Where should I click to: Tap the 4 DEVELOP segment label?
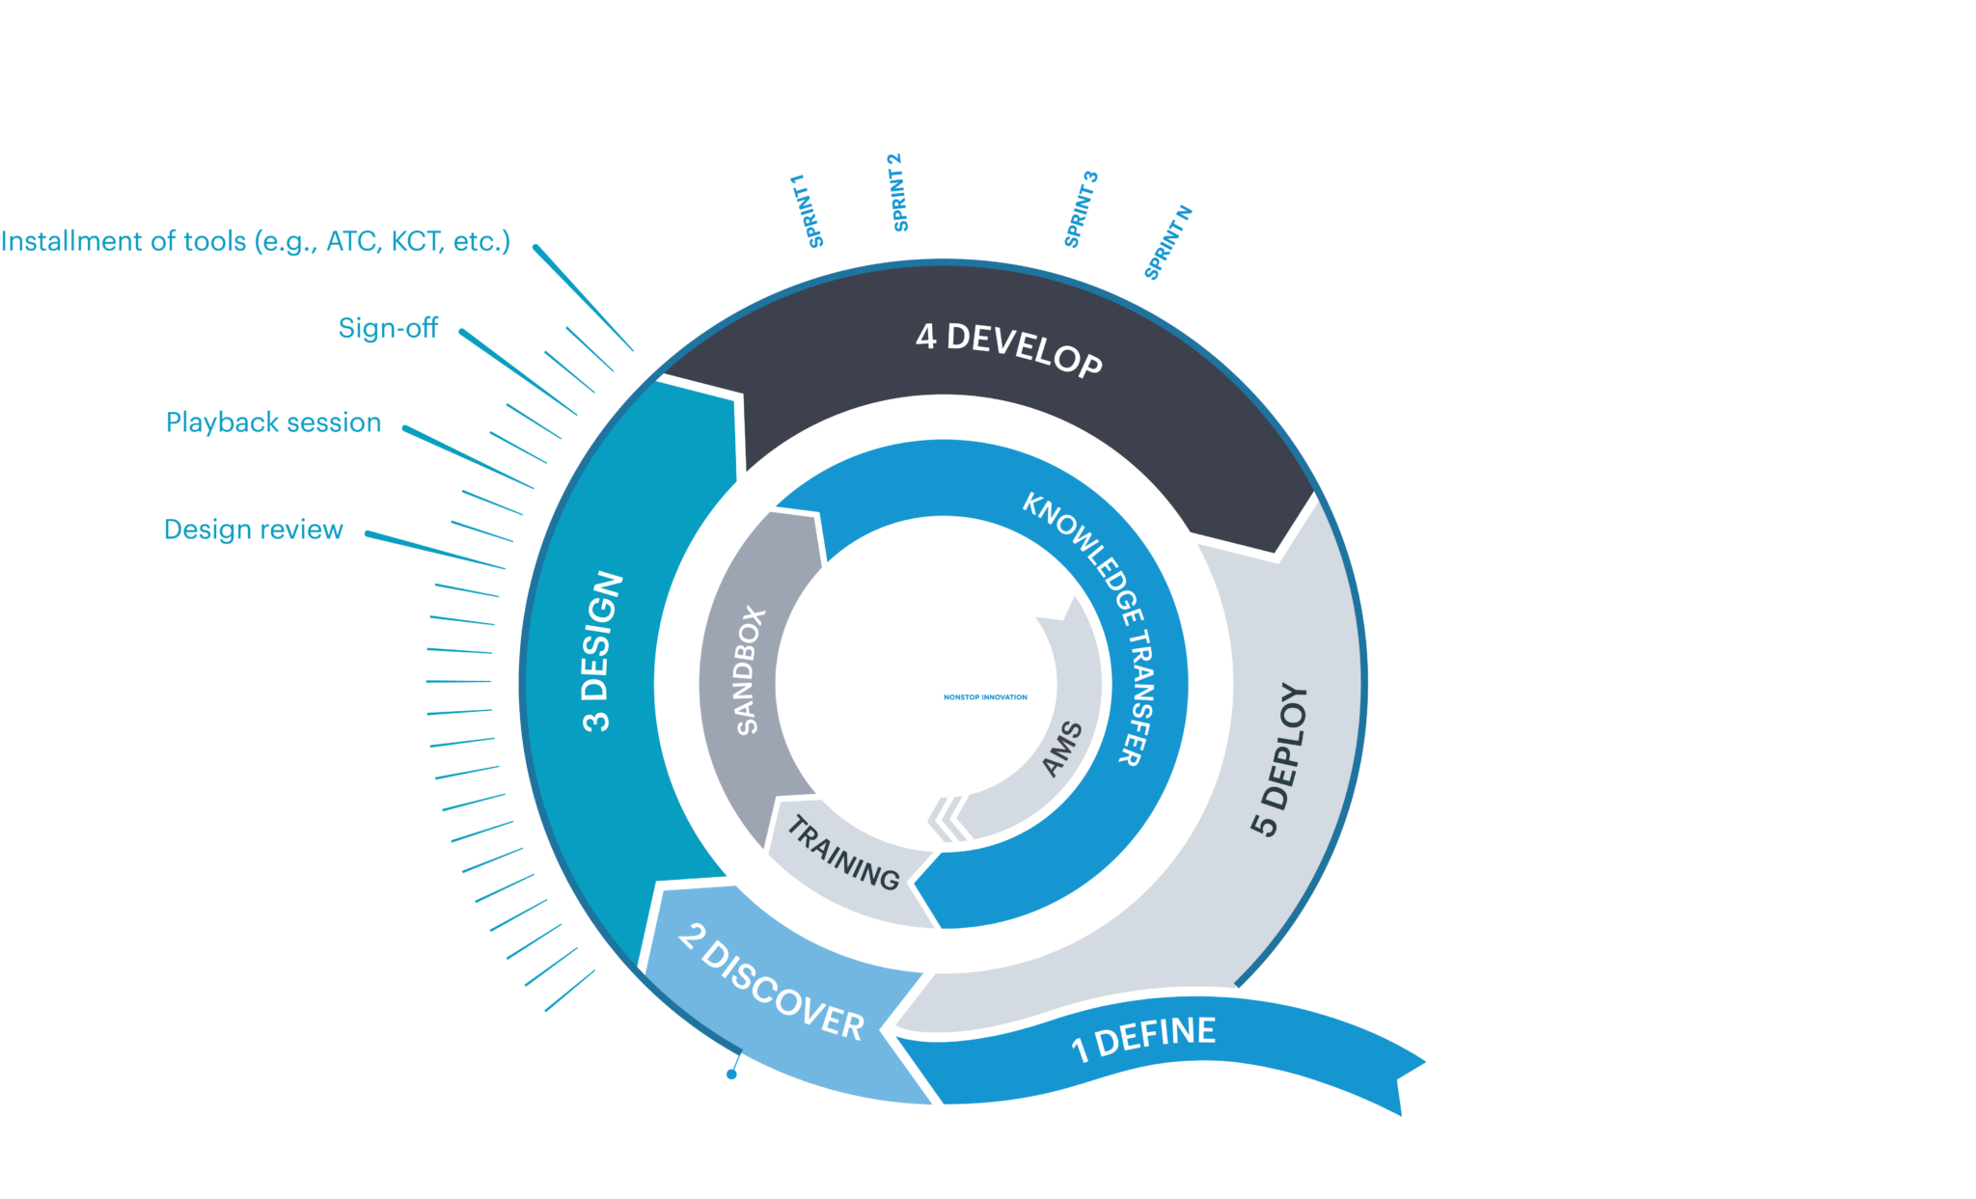point(1008,349)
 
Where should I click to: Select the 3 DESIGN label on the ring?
point(602,652)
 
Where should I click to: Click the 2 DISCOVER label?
point(771,982)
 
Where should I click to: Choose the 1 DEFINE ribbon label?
point(1144,1038)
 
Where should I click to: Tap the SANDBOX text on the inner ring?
point(750,671)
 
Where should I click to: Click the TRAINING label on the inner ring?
point(843,853)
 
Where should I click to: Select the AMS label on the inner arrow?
point(1063,749)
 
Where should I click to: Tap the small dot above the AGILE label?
point(731,1074)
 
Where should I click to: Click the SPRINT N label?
point(1168,242)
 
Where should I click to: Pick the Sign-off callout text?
point(388,329)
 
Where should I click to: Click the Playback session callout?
point(273,422)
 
